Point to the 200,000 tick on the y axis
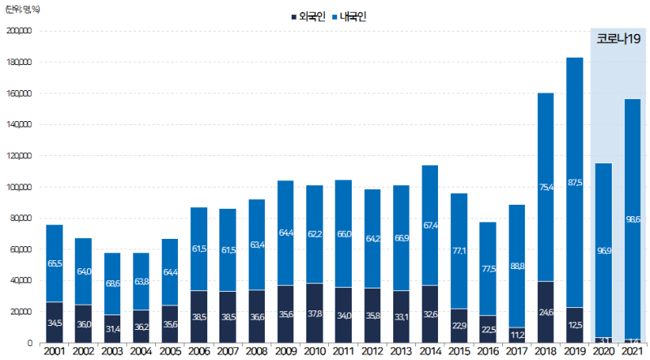pyautogui.click(x=18, y=31)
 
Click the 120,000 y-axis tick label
pyautogui.click(x=18, y=156)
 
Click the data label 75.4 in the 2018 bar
pyautogui.click(x=545, y=188)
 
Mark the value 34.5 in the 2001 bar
pyautogui.click(x=54, y=323)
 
